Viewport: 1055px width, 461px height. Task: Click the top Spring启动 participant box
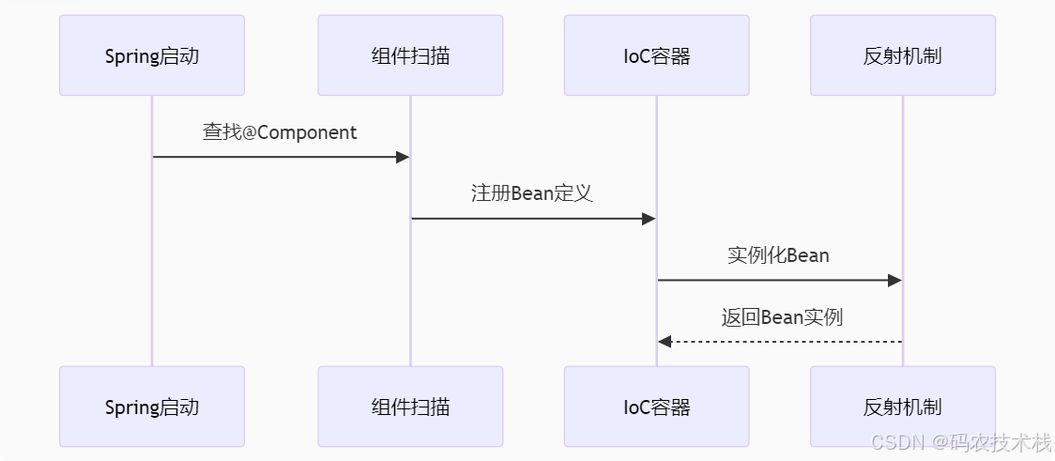[x=152, y=55]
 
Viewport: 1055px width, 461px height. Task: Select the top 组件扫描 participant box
[x=410, y=55]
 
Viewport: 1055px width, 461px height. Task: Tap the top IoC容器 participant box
[x=656, y=55]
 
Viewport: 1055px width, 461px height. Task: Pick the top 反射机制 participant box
[x=902, y=55]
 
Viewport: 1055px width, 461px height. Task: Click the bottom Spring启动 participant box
[x=152, y=407]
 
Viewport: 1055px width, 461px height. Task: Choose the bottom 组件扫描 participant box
[x=410, y=407]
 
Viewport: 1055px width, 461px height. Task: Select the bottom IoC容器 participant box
[x=656, y=407]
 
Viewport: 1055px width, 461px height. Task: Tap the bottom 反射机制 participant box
[x=902, y=407]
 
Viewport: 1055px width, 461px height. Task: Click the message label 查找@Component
[x=280, y=132]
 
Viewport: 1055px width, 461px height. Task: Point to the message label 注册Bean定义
[x=532, y=193]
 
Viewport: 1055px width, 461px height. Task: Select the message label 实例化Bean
[x=778, y=254]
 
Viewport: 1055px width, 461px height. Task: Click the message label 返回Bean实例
[x=782, y=316]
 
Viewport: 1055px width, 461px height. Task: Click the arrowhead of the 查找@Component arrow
[x=404, y=157]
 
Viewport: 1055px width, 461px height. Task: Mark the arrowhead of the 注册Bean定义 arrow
[x=649, y=219]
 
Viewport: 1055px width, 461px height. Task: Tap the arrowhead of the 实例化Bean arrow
[x=894, y=280]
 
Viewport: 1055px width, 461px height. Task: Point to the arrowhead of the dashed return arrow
[x=665, y=342]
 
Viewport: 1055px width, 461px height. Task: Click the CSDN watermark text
[x=960, y=442]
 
